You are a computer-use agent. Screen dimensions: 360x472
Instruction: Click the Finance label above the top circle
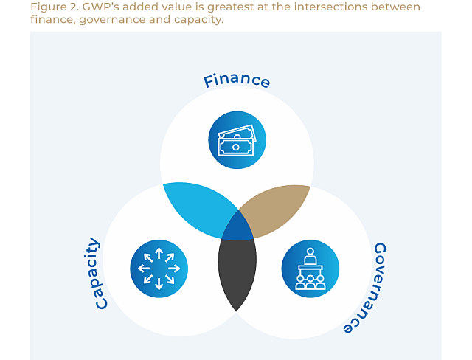237,80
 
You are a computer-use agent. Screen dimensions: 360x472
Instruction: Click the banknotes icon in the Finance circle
237,140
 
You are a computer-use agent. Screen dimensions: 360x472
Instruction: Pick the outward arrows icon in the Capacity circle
159,269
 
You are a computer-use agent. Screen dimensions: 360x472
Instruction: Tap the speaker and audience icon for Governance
310,269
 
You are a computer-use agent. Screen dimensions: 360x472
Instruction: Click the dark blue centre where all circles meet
237,226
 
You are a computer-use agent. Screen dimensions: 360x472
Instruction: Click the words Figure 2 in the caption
52,7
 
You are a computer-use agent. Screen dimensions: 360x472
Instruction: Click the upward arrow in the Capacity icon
159,254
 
